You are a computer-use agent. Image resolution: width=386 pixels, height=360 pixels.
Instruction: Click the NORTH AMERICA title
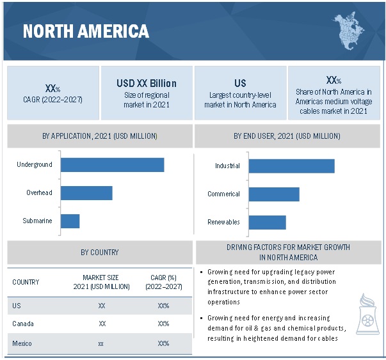pyautogui.click(x=86, y=31)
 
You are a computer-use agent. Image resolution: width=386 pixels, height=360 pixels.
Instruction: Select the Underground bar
pyautogui.click(x=112, y=165)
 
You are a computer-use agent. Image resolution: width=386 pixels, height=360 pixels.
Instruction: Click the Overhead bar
pyautogui.click(x=86, y=192)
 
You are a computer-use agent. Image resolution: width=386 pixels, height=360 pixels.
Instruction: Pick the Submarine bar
pyautogui.click(x=70, y=221)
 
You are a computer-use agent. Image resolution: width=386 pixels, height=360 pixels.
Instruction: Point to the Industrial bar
pyautogui.click(x=291, y=166)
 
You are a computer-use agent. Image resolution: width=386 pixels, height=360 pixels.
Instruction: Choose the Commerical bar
pyautogui.click(x=274, y=194)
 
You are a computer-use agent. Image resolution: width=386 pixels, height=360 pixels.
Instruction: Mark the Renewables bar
pyautogui.click(x=267, y=222)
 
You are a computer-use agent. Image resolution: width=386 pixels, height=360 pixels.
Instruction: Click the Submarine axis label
pyautogui.click(x=38, y=221)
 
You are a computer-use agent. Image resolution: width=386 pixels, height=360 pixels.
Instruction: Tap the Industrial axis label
pyautogui.click(x=227, y=166)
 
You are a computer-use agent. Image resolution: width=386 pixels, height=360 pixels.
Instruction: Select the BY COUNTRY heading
pyautogui.click(x=99, y=253)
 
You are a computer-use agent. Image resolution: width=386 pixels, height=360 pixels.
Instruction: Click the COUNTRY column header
pyautogui.click(x=26, y=282)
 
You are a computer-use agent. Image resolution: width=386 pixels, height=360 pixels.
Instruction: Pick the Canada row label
pyautogui.click(x=23, y=324)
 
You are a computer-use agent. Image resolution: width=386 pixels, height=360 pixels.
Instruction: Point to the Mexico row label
pyautogui.click(x=23, y=343)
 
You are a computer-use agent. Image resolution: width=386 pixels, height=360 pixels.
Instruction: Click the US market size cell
pyautogui.click(x=101, y=306)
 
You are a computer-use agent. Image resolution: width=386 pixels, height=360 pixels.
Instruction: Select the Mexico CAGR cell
pyautogui.click(x=163, y=343)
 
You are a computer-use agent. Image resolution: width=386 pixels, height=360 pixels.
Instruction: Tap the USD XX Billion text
pyautogui.click(x=147, y=84)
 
